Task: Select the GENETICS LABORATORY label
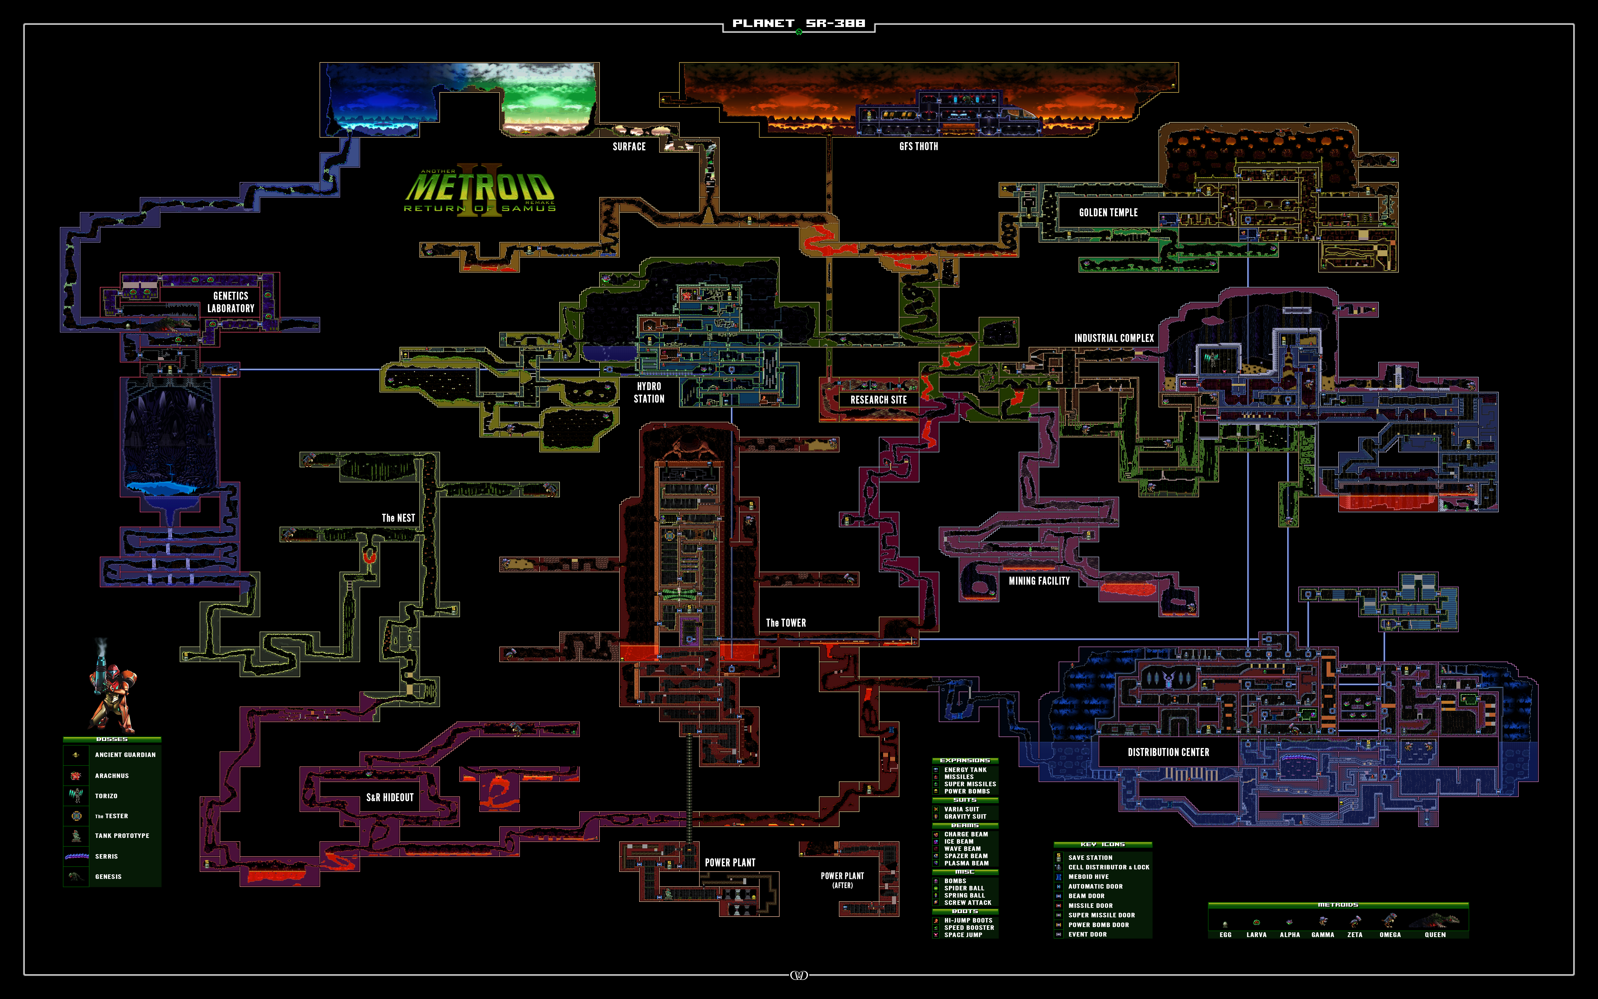pos(230,302)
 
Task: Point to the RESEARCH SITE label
pos(878,400)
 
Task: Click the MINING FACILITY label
pos(1039,581)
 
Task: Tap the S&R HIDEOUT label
pos(390,797)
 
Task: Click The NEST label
pos(398,518)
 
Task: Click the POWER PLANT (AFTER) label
pos(842,879)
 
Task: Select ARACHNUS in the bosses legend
pos(112,776)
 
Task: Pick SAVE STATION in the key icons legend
pos(1090,858)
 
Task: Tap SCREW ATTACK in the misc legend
pos(967,903)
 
